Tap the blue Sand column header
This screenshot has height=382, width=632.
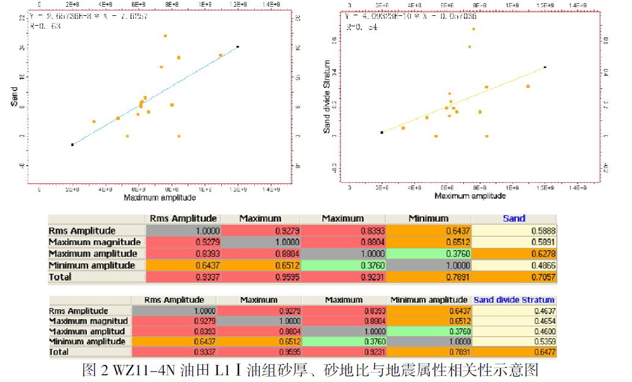click(x=513, y=218)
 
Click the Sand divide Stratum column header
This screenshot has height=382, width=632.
click(x=513, y=300)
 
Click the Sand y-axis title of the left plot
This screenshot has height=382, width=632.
click(x=14, y=96)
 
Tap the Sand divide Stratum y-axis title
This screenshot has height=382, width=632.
click(x=327, y=97)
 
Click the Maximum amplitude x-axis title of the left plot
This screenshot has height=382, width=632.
click(x=160, y=198)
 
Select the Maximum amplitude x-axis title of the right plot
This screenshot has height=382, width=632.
click(x=470, y=196)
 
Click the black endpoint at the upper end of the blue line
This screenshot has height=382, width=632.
click(x=238, y=46)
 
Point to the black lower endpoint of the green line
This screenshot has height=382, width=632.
click(x=381, y=132)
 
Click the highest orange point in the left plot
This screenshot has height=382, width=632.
click(x=165, y=36)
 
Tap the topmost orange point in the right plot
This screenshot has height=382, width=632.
click(x=473, y=29)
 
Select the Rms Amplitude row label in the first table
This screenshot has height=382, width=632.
click(x=82, y=230)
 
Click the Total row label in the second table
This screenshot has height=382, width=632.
click(x=59, y=352)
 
